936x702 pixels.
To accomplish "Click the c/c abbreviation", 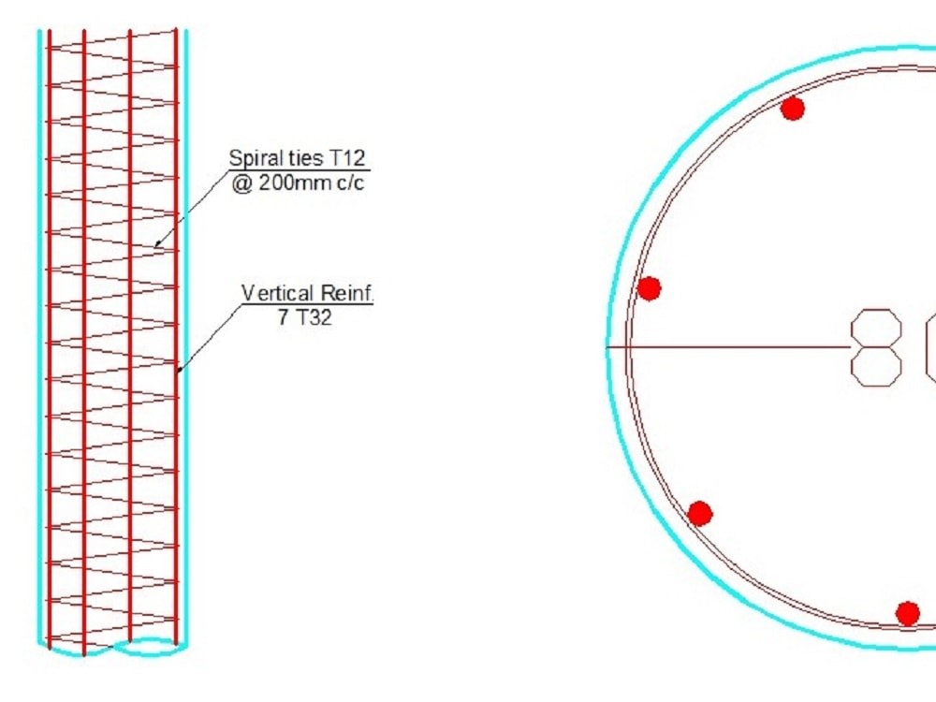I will click(x=348, y=183).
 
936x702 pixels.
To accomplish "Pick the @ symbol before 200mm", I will click(x=241, y=183).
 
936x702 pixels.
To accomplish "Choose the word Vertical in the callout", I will click(x=276, y=294).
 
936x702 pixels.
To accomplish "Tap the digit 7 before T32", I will click(x=284, y=317).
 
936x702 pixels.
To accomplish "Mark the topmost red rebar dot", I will click(x=793, y=109).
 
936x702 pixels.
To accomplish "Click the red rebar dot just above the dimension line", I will click(x=649, y=288).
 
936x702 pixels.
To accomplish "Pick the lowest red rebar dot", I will click(x=907, y=613).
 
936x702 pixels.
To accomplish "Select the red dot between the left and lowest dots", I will click(x=700, y=513).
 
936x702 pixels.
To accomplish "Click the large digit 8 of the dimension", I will click(x=876, y=347).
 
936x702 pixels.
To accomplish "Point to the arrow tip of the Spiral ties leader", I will click(x=156, y=247).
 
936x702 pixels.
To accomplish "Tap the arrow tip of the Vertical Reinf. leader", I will click(x=178, y=370).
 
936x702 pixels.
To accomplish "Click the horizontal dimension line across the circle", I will click(x=730, y=347).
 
